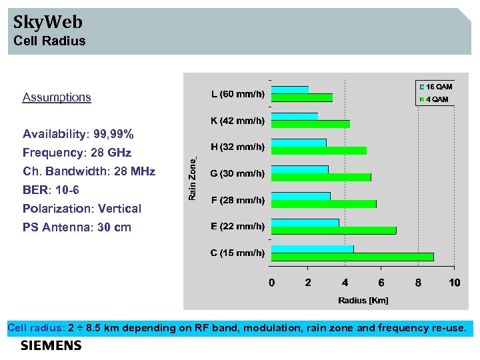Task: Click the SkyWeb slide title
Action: click(48, 22)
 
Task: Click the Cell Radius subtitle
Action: click(50, 41)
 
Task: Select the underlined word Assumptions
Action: click(57, 97)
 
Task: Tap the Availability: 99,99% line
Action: click(78, 134)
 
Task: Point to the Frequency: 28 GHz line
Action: click(77, 153)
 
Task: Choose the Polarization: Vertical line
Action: click(82, 209)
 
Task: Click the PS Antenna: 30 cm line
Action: click(77, 227)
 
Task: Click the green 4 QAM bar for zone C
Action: click(353, 257)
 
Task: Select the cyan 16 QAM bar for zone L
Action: click(290, 89)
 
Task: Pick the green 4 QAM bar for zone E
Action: click(334, 231)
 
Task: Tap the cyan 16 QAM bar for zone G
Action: click(300, 169)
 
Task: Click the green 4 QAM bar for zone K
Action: click(311, 124)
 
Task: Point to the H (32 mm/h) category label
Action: click(237, 147)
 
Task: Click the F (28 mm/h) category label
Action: click(238, 200)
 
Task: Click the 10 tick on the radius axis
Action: click(455, 283)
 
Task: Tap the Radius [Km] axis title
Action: click(363, 300)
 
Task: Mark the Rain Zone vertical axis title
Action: click(192, 178)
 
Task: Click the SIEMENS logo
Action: click(51, 345)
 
